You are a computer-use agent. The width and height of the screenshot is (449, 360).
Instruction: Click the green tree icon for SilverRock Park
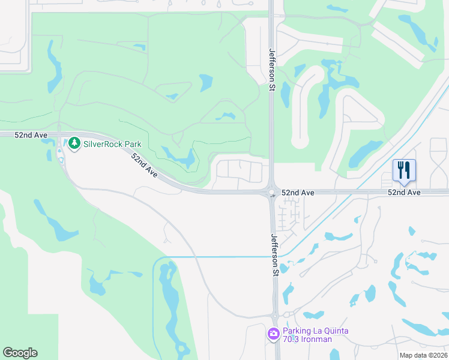click(74, 143)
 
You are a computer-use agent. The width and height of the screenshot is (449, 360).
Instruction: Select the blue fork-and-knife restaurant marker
click(404, 170)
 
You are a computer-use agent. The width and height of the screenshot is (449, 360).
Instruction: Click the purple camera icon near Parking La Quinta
click(274, 333)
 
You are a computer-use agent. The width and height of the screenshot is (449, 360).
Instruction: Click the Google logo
click(20, 353)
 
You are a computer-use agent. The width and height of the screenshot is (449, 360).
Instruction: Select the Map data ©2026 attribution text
click(423, 355)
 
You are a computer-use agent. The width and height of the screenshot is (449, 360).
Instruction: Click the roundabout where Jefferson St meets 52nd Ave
click(271, 193)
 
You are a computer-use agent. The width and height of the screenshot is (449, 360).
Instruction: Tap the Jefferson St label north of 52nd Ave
click(272, 70)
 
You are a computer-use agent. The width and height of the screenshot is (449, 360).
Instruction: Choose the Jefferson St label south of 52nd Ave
click(274, 254)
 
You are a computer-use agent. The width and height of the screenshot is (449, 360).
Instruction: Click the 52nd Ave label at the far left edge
click(31, 136)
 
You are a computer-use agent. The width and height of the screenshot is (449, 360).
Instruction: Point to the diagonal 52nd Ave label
click(145, 166)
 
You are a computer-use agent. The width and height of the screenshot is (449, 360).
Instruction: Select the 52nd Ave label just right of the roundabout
click(299, 193)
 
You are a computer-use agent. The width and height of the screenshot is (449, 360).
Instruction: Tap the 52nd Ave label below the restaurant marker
click(404, 193)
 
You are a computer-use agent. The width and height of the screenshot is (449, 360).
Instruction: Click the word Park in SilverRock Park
click(132, 145)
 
